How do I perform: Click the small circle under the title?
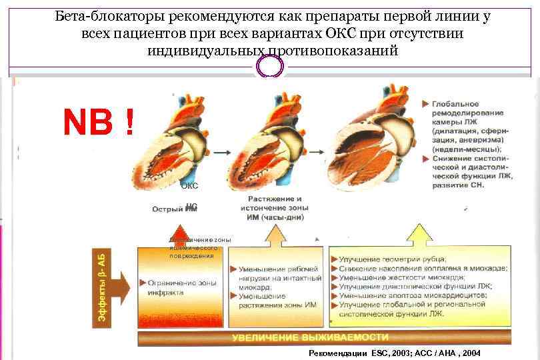click(271, 67)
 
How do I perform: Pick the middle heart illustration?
click(278, 143)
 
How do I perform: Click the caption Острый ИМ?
click(175, 209)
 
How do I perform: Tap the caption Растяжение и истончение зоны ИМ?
click(275, 207)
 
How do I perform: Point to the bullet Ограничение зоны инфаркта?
click(177, 286)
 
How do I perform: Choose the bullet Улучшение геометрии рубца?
click(393, 259)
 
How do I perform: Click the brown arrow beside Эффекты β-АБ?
click(121, 287)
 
